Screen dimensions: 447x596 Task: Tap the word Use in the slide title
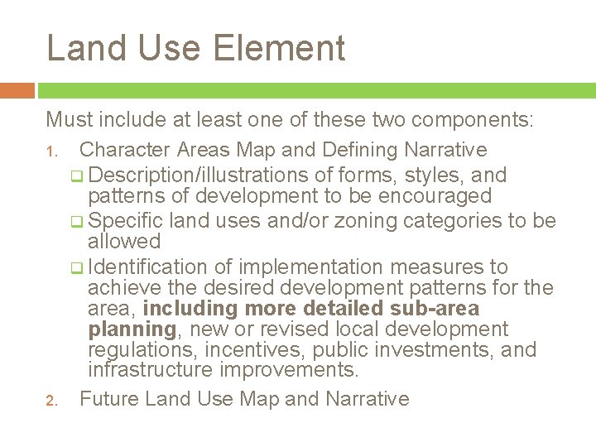(x=172, y=48)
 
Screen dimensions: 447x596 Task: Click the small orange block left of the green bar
(x=17, y=89)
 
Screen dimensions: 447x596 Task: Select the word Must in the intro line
(x=70, y=120)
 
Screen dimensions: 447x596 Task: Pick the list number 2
(x=50, y=401)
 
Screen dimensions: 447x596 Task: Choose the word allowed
(x=124, y=242)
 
